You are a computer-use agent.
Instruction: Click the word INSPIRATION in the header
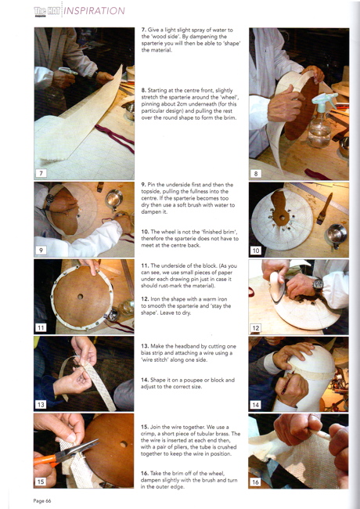(x=95, y=11)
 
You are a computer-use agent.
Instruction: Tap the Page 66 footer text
(x=42, y=501)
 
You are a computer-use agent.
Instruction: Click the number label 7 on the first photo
(x=41, y=173)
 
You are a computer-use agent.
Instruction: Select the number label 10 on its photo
(x=256, y=251)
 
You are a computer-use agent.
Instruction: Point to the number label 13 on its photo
(x=41, y=405)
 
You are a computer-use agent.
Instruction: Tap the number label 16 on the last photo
(x=255, y=482)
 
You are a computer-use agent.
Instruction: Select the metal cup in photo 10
(x=337, y=236)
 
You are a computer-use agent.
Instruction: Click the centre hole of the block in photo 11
(x=80, y=296)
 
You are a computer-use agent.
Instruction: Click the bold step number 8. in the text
(x=144, y=90)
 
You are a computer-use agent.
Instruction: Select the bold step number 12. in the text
(x=145, y=299)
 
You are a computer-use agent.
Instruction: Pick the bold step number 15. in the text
(x=145, y=427)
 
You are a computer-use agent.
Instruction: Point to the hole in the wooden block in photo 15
(x=124, y=444)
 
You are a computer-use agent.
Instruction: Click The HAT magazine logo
(x=48, y=12)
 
